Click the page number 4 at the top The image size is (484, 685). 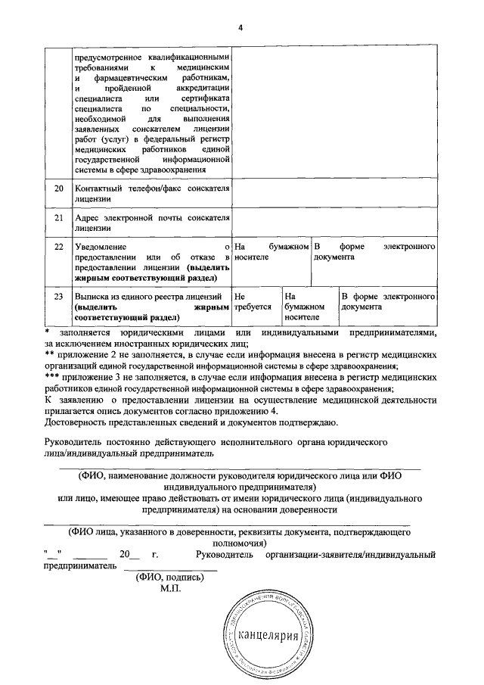point(241,28)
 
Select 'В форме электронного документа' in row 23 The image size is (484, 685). point(387,302)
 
